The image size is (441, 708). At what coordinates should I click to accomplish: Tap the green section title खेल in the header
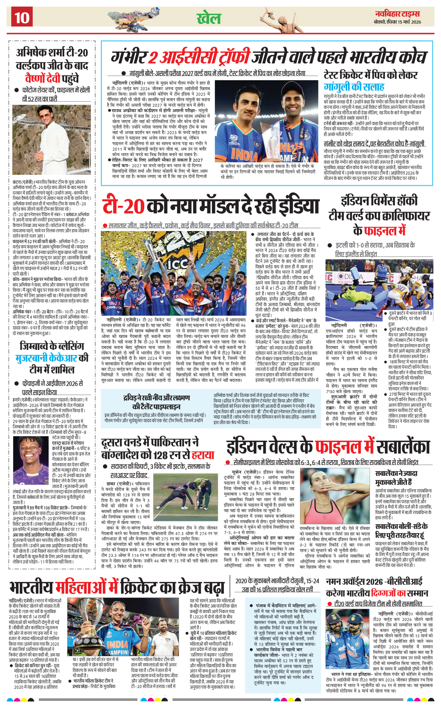[x=209, y=18]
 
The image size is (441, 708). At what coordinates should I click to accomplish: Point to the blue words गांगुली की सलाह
[x=354, y=87]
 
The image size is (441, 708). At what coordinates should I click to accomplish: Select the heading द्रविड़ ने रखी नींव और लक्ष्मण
[x=156, y=398]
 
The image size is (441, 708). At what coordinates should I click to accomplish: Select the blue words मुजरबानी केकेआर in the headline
[x=46, y=358]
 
